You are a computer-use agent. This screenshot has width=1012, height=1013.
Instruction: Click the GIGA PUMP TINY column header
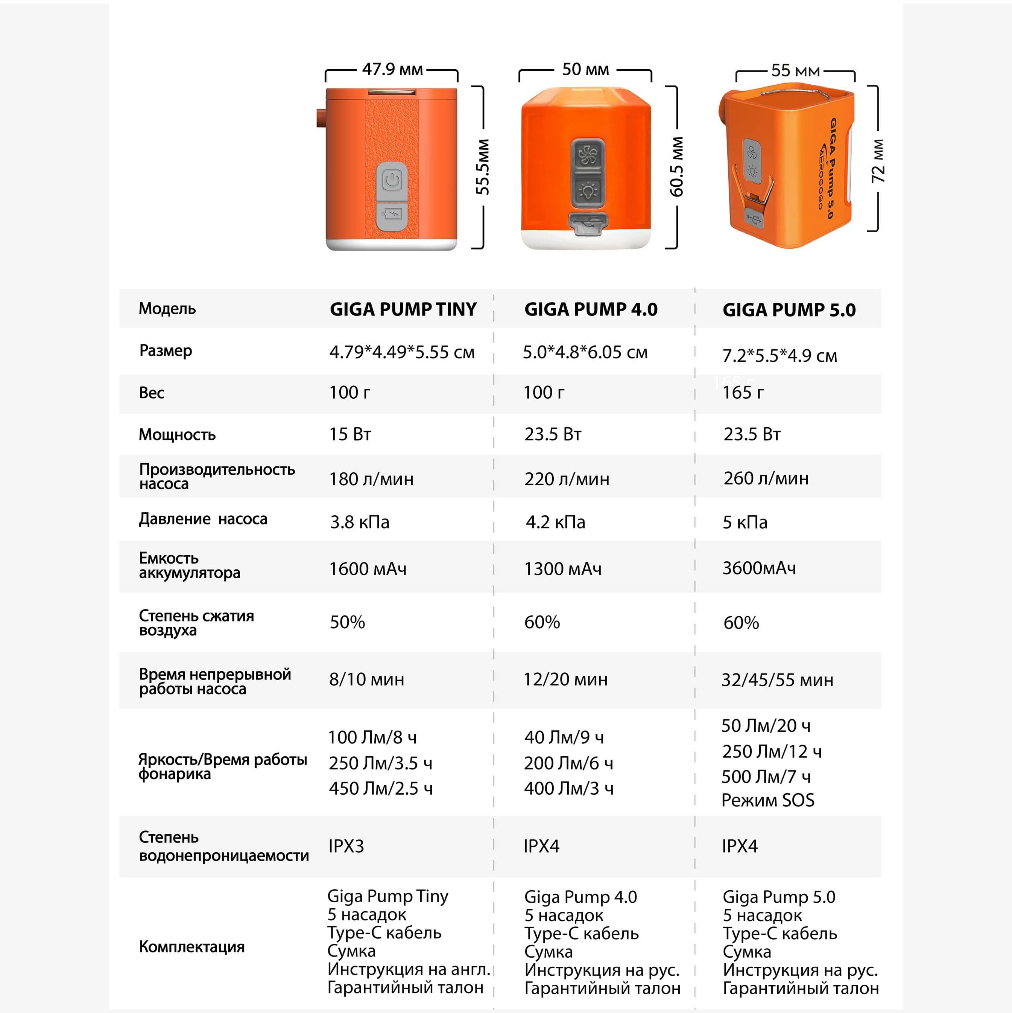(403, 309)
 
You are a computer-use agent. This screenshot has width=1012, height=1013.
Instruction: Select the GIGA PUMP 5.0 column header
(789, 310)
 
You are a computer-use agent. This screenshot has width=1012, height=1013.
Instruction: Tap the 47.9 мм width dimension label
(392, 69)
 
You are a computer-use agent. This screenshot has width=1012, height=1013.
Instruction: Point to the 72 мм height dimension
(878, 161)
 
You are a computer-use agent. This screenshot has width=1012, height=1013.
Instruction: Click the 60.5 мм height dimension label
(676, 167)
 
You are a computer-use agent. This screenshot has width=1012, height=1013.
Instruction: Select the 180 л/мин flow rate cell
(371, 479)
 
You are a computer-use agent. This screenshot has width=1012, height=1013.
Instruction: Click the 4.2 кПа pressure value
(556, 522)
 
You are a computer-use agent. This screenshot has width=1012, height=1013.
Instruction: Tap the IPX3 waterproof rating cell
(346, 846)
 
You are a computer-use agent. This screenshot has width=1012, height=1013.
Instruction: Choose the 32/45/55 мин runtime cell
(777, 680)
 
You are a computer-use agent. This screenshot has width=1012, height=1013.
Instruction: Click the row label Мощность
(177, 435)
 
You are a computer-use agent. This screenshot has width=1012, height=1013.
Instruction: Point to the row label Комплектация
(192, 946)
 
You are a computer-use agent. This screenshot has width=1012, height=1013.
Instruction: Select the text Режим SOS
(768, 800)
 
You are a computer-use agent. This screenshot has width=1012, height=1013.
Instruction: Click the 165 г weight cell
(743, 392)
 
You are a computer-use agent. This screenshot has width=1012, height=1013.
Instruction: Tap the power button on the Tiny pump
(392, 181)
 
